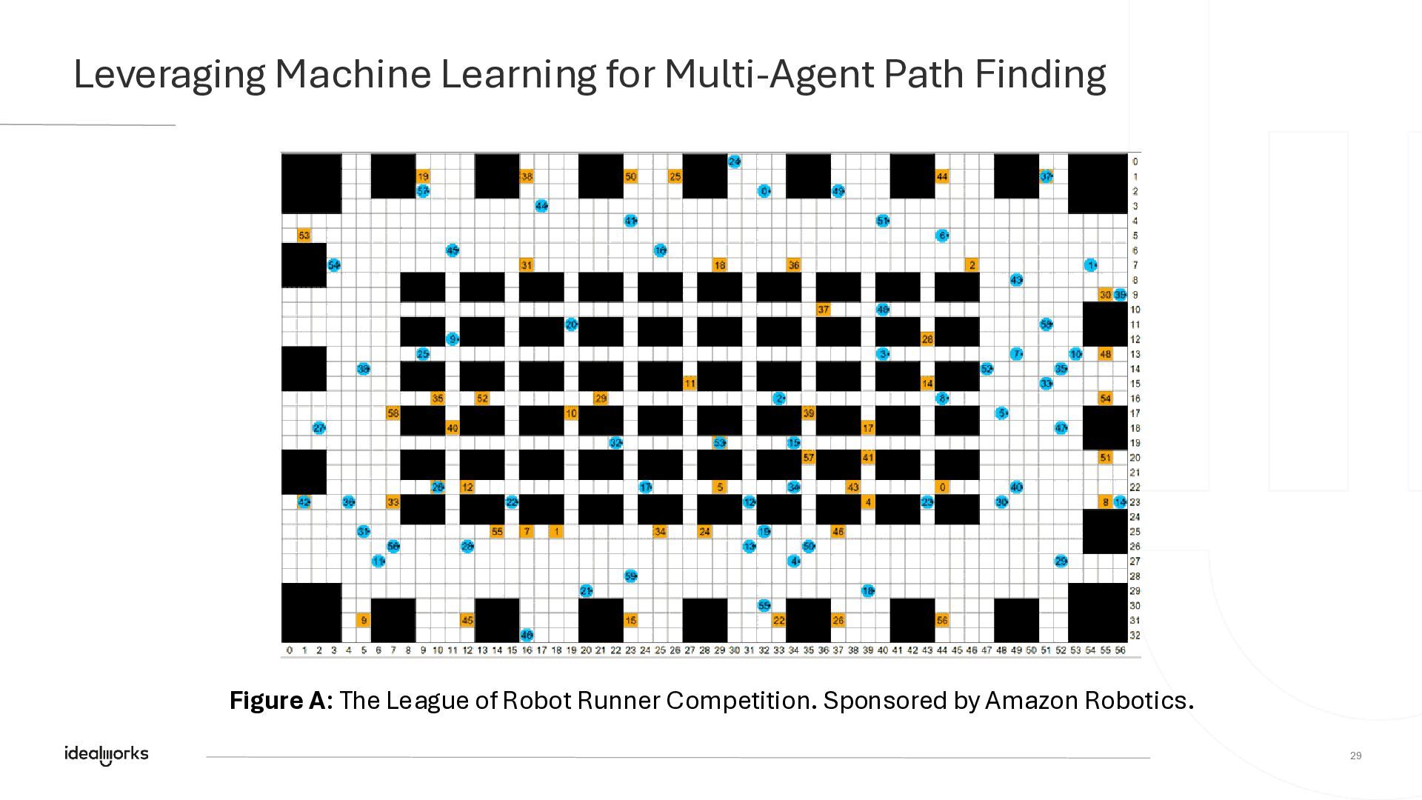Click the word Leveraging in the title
[x=170, y=75]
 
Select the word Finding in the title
[x=1040, y=75]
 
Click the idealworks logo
[x=107, y=754]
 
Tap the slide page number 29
[x=1355, y=756]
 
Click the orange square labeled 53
[x=304, y=236]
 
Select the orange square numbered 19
[x=423, y=176]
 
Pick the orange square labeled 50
[x=630, y=176]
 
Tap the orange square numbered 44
[x=942, y=176]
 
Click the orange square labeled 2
[x=972, y=265]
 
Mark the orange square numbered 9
[x=363, y=620]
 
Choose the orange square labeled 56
[x=942, y=620]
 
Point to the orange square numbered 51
[x=1105, y=458]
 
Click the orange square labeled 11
[x=690, y=384]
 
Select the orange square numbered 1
[x=556, y=531]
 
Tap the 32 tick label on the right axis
[x=1135, y=636]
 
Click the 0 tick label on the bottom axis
[x=289, y=650]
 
